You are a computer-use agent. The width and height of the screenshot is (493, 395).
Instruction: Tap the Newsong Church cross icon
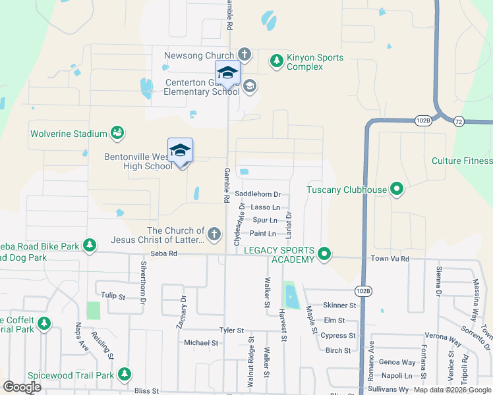tap(244, 55)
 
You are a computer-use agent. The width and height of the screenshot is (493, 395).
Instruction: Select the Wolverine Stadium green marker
tap(117, 134)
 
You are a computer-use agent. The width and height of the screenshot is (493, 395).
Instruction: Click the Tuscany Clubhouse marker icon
tap(397, 190)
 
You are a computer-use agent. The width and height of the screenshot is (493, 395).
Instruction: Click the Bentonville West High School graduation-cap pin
tap(180, 151)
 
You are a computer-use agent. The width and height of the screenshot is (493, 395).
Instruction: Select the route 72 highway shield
tap(458, 120)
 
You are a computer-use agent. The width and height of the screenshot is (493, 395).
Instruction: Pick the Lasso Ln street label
tap(266, 207)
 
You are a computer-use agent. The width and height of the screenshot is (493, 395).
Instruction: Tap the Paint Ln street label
tap(262, 234)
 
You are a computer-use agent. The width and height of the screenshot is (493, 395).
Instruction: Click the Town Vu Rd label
tap(390, 259)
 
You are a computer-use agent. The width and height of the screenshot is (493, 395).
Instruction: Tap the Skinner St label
tap(339, 305)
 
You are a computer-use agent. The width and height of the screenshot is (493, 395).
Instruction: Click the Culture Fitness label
tap(462, 161)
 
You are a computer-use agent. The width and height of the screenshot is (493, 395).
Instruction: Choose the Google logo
tap(22, 387)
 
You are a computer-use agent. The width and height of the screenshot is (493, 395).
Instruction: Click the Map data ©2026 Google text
tap(451, 390)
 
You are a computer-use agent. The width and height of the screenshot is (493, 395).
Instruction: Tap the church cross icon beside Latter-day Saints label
tap(214, 234)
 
